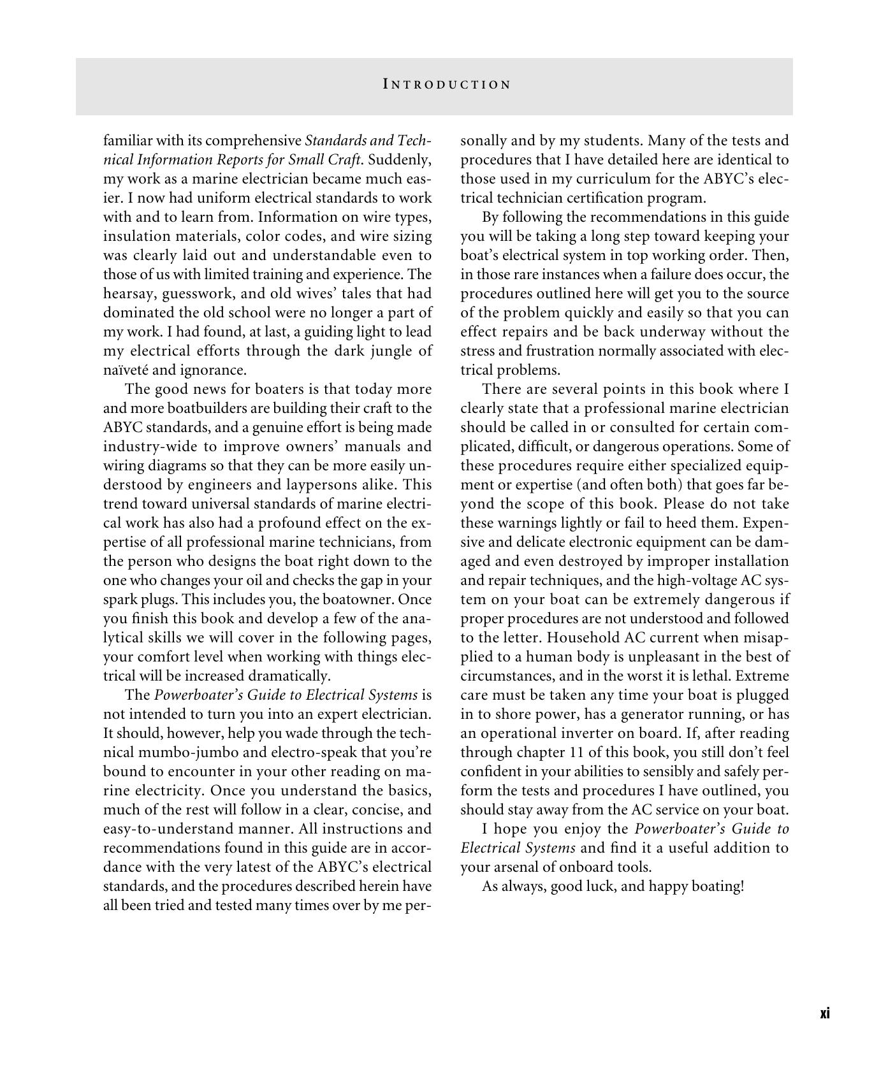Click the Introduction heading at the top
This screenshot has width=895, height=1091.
pos(447,85)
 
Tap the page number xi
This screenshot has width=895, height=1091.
pos(824,1013)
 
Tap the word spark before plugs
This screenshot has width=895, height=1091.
pos(119,600)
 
